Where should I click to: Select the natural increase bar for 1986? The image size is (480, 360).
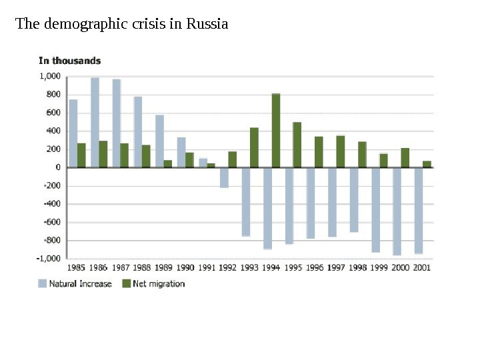[95, 122]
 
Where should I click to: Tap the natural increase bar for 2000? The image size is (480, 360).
[397, 211]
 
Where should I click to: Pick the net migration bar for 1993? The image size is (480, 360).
[254, 147]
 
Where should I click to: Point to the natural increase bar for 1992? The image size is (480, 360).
[224, 177]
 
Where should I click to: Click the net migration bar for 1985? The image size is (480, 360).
[81, 155]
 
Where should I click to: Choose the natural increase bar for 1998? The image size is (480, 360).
[354, 199]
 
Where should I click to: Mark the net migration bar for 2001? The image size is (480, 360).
[427, 164]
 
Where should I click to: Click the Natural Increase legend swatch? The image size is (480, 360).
[43, 283]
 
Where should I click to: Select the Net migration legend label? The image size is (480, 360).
[159, 283]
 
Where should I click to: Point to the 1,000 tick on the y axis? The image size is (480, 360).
[51, 77]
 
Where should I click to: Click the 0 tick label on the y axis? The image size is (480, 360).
[59, 167]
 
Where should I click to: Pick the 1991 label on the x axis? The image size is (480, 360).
[207, 268]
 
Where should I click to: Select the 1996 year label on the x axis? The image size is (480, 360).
[315, 268]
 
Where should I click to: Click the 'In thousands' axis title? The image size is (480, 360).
[70, 61]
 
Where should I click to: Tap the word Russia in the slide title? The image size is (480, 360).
[207, 25]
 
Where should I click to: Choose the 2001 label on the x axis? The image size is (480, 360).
[422, 268]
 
